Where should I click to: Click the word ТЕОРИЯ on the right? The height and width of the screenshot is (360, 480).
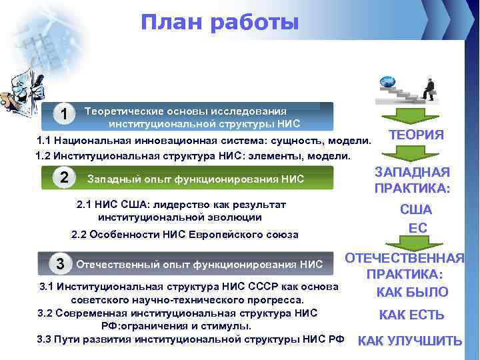pyautogui.click(x=416, y=135)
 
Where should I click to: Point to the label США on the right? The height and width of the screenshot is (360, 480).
pyautogui.click(x=416, y=209)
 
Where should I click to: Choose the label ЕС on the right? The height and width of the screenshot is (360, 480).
pyautogui.click(x=416, y=228)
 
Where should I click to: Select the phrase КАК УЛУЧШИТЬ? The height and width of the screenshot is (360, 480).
pyautogui.click(x=410, y=341)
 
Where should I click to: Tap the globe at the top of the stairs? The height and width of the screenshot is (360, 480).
pyautogui.click(x=387, y=83)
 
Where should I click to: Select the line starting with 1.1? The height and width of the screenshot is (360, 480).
pyautogui.click(x=203, y=141)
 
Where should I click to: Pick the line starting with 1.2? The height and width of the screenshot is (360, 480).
pyautogui.click(x=192, y=156)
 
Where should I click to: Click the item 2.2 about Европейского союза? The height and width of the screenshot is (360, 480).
pyautogui.click(x=185, y=235)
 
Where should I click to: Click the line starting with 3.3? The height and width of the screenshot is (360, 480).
pyautogui.click(x=190, y=339)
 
